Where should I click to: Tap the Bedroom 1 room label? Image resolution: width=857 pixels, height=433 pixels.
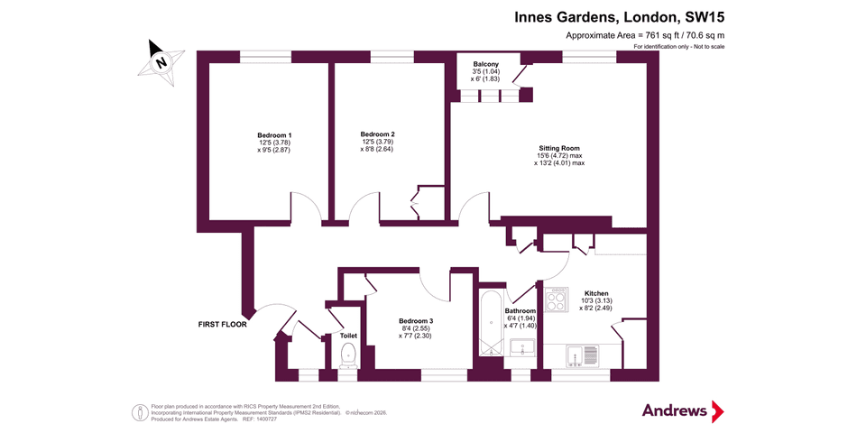pyautogui.click(x=274, y=135)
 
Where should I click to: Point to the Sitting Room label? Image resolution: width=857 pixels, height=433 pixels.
pyautogui.click(x=559, y=148)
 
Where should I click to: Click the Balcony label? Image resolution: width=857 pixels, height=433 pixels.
pyautogui.click(x=486, y=64)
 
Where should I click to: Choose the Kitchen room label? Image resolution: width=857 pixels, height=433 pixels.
pyautogui.click(x=596, y=293)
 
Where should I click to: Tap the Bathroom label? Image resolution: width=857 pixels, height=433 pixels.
pyautogui.click(x=521, y=311)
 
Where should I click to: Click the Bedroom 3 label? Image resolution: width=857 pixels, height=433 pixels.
pyautogui.click(x=416, y=321)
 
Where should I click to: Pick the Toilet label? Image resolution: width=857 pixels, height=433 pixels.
pyautogui.click(x=348, y=336)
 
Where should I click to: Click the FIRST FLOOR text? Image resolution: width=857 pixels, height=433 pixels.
pyautogui.click(x=222, y=323)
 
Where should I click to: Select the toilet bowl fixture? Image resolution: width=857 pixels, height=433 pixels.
pyautogui.click(x=348, y=356)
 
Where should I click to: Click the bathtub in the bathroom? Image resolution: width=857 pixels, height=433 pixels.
pyautogui.click(x=490, y=323)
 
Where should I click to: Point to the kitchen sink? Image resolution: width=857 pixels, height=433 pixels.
pyautogui.click(x=577, y=356)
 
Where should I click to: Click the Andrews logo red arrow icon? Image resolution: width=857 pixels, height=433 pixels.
pyautogui.click(x=717, y=411)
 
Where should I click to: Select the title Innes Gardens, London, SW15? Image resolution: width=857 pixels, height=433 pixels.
pyautogui.click(x=619, y=16)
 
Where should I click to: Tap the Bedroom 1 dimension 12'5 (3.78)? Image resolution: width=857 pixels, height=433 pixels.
pyautogui.click(x=274, y=143)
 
